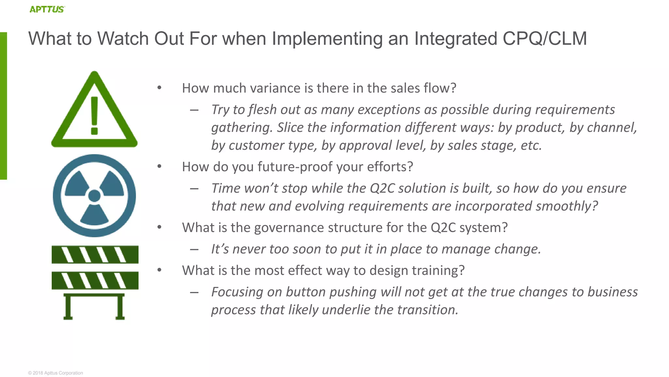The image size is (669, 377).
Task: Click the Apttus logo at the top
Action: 47,9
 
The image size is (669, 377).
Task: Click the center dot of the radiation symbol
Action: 94,196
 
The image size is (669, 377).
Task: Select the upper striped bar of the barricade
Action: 95,255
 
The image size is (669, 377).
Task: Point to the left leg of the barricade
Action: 68,307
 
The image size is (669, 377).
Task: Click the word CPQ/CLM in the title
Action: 545,39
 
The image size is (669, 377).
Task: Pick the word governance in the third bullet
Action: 289,227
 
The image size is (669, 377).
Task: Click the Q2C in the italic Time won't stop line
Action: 382,188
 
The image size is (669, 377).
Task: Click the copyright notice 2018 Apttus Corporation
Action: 56,373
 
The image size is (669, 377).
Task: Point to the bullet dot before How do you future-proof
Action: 159,166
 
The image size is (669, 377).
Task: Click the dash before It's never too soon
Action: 194,249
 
